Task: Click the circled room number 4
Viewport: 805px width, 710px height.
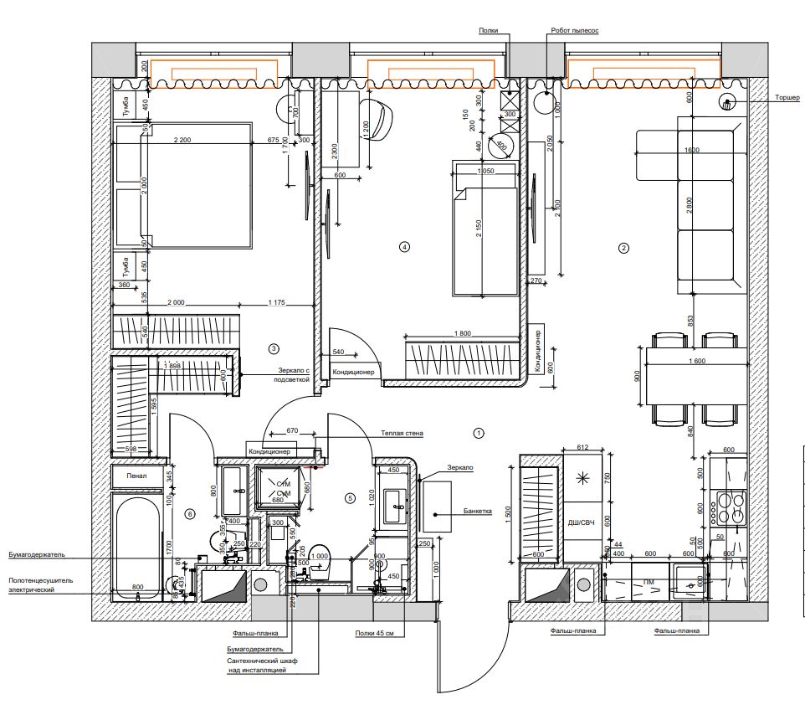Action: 405,247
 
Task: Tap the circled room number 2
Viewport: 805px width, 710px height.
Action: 623,248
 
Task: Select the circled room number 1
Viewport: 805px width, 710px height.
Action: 479,434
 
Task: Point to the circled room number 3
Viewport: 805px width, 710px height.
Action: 273,347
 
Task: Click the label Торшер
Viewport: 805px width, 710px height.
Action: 787,98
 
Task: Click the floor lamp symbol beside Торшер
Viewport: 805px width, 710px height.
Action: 726,103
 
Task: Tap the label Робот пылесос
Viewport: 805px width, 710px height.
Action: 575,30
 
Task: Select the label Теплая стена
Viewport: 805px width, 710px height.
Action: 402,433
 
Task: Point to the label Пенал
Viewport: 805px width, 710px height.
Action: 136,476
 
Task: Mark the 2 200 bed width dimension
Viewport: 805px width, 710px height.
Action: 182,140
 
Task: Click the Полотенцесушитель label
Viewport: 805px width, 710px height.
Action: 42,579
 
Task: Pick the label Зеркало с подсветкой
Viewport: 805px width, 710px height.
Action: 294,373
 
